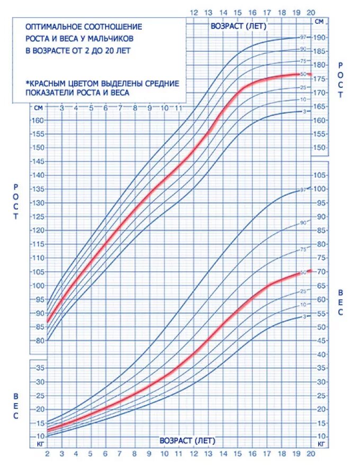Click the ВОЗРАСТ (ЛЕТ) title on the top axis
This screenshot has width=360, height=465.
pos(238,25)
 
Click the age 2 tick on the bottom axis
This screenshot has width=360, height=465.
pos(47,453)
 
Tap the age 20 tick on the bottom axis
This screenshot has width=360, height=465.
pos(311,453)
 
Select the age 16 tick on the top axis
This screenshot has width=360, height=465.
pos(252,13)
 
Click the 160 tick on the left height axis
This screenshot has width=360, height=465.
pos(38,120)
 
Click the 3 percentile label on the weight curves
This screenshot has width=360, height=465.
pos(304,316)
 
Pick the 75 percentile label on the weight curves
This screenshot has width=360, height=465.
pos(303,249)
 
